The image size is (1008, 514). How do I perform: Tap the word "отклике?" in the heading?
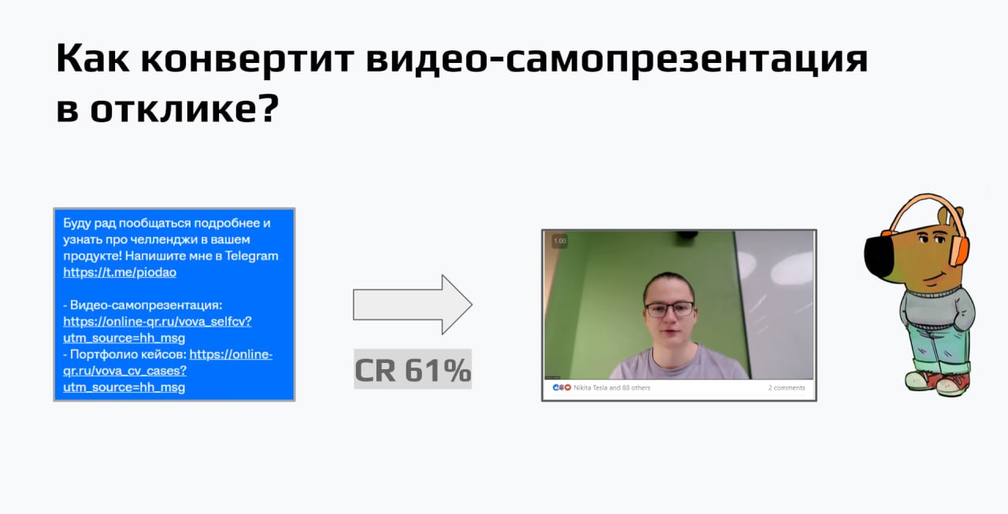(185, 108)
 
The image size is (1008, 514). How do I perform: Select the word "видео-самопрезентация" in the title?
(617, 59)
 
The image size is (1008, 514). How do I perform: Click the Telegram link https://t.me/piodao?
(120, 272)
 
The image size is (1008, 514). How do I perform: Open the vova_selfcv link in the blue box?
(157, 330)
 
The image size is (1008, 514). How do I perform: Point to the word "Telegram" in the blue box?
(251, 256)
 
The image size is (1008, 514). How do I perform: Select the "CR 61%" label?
(413, 370)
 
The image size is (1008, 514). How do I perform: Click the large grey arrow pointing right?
(412, 305)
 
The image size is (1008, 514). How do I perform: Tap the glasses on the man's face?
(669, 309)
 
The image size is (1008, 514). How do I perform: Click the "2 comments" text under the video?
(786, 387)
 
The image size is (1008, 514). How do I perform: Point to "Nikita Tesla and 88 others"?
(612, 387)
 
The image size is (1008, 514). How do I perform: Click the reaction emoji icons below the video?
(561, 387)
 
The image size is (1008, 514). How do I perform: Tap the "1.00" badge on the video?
(560, 241)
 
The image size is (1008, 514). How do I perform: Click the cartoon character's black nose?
(878, 257)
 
